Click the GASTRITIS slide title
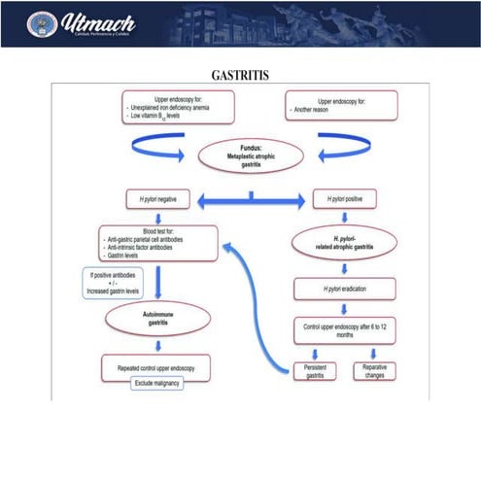pyautogui.click(x=240, y=75)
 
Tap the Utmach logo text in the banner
pyautogui.click(x=97, y=20)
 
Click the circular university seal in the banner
pyautogui.click(x=42, y=21)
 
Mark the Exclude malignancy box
pyautogui.click(x=157, y=384)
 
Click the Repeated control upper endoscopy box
pyautogui.click(x=157, y=367)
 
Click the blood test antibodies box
pyautogui.click(x=156, y=243)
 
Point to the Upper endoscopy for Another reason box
pyautogui.click(x=341, y=106)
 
